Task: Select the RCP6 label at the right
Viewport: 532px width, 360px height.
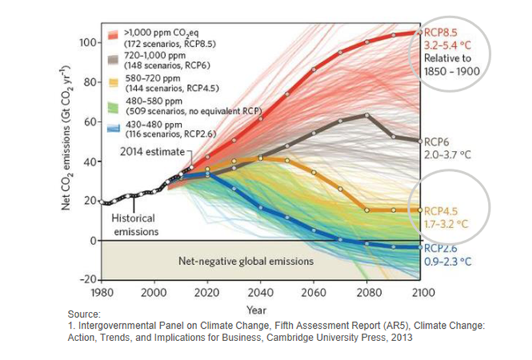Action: coord(436,143)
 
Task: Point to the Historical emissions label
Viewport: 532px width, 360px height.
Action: coord(135,225)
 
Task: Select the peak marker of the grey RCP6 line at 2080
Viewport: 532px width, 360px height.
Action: coord(367,115)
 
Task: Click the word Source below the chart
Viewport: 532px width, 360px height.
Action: coord(84,314)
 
